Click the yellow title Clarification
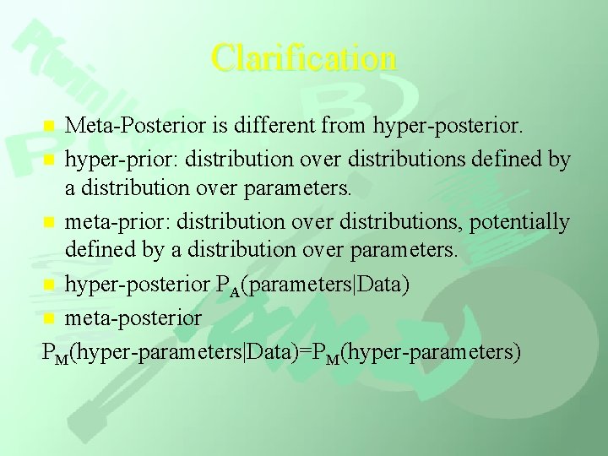(304, 58)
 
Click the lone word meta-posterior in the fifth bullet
(133, 318)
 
